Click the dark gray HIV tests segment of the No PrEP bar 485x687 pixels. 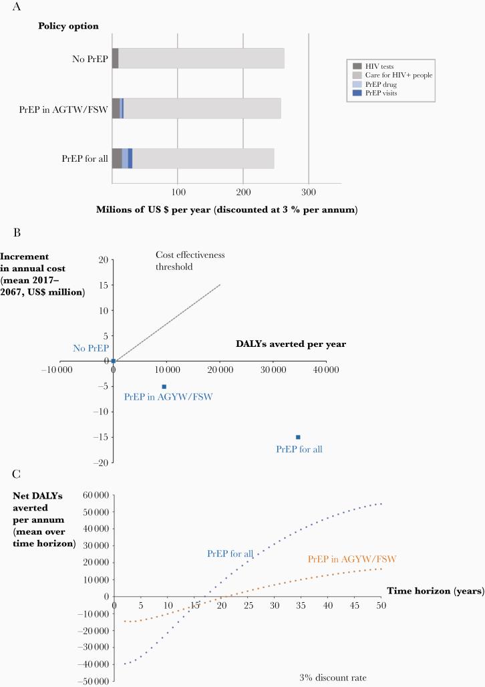[x=115, y=58]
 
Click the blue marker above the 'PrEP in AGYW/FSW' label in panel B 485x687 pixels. [x=164, y=386]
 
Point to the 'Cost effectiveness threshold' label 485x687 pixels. [x=183, y=261]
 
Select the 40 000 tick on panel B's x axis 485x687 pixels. [x=325, y=369]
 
